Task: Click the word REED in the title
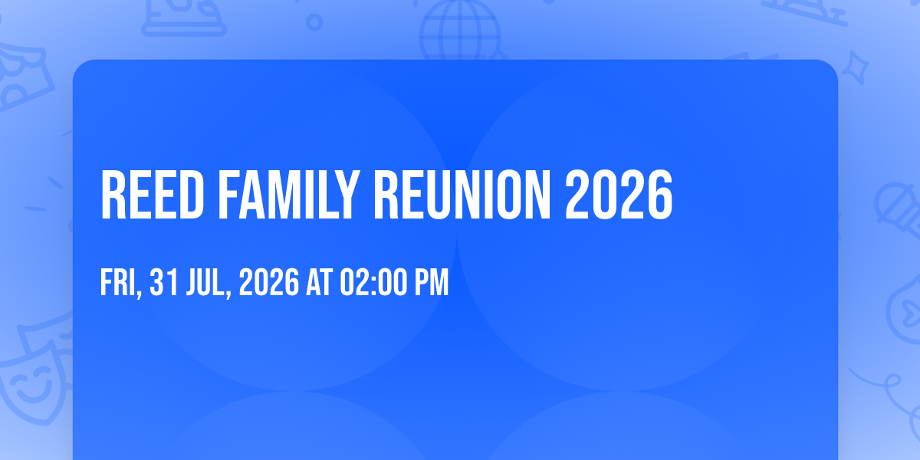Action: coord(153,195)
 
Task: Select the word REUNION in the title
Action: coord(462,195)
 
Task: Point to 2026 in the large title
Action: coord(619,195)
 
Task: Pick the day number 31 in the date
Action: coord(164,282)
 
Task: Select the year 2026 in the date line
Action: coord(269,282)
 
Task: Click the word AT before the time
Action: coord(319,282)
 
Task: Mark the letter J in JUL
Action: coord(192,283)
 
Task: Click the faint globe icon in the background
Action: coord(460,31)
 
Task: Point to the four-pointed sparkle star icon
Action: coord(855,67)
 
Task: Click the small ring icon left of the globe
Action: coord(314,22)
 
